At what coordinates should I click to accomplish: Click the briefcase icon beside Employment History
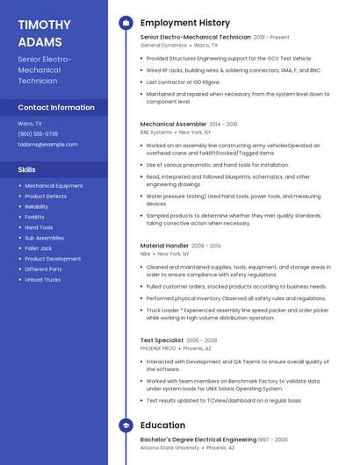pos(126,23)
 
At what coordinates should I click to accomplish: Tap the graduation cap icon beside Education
pos(126,426)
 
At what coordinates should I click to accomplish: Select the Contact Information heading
pos(56,107)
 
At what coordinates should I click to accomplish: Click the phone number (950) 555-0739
pos(38,133)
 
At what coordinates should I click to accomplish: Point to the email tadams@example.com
pos(47,144)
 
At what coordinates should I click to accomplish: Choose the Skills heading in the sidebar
pos(27,168)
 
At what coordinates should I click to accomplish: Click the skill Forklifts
pos(34,217)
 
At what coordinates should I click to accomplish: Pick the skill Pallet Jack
pos(38,248)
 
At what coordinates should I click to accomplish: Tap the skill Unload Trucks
pos(42,280)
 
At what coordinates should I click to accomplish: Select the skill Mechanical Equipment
pos(54,186)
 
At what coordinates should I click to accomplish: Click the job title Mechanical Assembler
pos(173,125)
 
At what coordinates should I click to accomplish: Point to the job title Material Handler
pos(164,246)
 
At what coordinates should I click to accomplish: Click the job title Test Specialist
pos(162,340)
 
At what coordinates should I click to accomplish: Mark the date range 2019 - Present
pos(271,38)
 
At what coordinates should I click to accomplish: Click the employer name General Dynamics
pos(163,45)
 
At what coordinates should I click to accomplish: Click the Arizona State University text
pos(169,447)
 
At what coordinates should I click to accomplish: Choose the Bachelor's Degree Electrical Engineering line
pos(198,439)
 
